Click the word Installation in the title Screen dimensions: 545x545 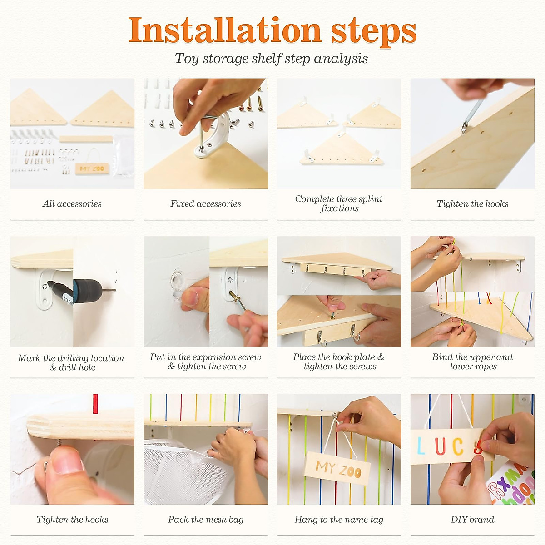(x=225, y=30)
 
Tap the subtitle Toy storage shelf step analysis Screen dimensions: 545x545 (x=272, y=59)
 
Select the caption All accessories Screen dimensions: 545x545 (x=72, y=203)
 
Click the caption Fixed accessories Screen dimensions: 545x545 (x=206, y=203)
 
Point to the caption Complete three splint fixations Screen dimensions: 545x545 (x=339, y=203)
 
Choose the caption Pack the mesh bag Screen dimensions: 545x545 (x=206, y=519)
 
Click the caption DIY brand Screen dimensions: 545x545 (x=472, y=519)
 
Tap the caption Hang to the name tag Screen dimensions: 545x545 (x=339, y=519)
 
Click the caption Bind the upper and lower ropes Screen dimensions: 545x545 (x=472, y=362)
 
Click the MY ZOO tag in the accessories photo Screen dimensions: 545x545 (x=92, y=169)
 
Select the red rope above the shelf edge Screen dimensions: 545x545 (x=95, y=404)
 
